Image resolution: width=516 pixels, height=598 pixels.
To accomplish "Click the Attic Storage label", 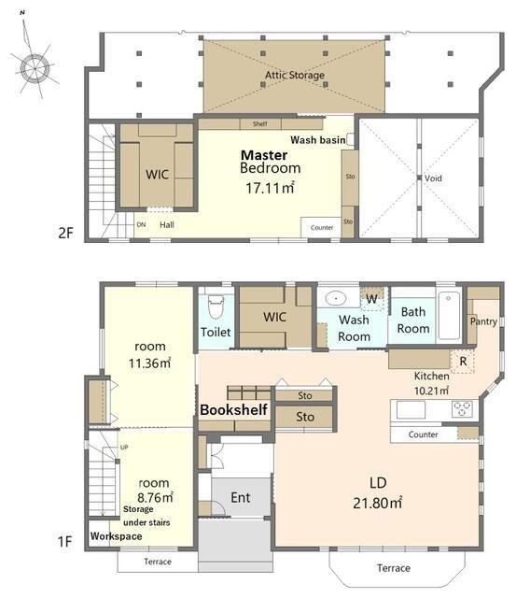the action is point(295,75).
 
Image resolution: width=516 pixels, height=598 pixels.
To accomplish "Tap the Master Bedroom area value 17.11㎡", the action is point(270,188).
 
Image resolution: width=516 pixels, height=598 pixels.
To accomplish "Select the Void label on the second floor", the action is point(433,178).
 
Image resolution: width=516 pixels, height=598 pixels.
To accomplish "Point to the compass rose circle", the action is point(35,68).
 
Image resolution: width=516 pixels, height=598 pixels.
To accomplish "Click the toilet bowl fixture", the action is point(216,306).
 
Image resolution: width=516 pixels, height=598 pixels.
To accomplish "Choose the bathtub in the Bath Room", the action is point(449,316).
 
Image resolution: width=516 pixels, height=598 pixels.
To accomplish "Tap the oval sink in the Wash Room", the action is point(336,298).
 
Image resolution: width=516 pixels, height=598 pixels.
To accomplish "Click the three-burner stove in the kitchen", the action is point(462,408).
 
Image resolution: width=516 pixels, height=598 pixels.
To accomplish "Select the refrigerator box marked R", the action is point(463,361).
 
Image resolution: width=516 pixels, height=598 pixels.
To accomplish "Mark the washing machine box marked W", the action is point(372,299).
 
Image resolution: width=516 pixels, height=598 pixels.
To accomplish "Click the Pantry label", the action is point(483,321).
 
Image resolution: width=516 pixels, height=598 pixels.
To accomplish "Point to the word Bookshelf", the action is point(234,409).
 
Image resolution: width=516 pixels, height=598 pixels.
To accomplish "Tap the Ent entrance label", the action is point(241,497).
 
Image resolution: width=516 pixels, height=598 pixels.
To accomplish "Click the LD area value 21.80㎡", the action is point(377,503).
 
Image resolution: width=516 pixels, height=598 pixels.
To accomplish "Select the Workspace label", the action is point(116,536).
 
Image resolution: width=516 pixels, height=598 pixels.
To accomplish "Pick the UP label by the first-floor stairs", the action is point(124,447).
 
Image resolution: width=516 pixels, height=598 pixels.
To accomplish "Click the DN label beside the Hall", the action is point(141,224).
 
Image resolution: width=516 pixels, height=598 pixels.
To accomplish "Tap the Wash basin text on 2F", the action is point(318,140).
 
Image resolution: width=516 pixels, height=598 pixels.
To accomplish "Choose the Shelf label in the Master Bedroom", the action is point(259,123).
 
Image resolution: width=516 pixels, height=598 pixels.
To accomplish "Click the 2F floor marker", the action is point(65,233).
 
